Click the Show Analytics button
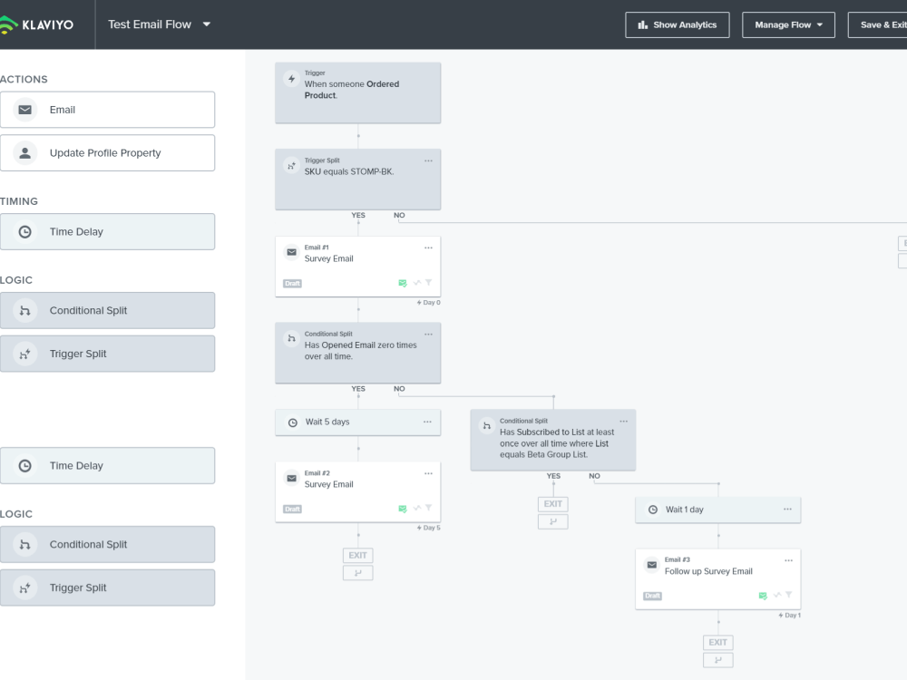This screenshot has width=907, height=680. click(x=677, y=24)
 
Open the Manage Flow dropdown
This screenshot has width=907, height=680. click(x=788, y=24)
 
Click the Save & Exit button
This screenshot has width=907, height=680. click(x=877, y=24)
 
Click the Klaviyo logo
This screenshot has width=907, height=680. click(x=36, y=24)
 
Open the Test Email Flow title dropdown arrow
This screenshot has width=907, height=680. click(x=207, y=24)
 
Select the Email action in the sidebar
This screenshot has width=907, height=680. click(x=108, y=110)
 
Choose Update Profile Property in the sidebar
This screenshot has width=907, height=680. click(x=108, y=153)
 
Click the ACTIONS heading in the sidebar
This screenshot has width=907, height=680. click(x=24, y=79)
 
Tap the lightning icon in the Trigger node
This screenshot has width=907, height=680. click(x=291, y=79)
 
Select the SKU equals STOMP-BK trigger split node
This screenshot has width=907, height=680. click(x=358, y=180)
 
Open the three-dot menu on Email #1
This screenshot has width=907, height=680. click(x=428, y=248)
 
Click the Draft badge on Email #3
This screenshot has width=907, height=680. click(x=652, y=596)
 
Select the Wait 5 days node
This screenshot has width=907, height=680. click(x=358, y=423)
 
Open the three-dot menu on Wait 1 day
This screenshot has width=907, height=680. click(x=787, y=509)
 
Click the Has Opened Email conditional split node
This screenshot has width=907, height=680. click(x=358, y=353)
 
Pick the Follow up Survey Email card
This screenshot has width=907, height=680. click(x=717, y=578)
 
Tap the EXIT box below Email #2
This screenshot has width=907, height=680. click(x=358, y=555)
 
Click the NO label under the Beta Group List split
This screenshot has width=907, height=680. click(x=595, y=476)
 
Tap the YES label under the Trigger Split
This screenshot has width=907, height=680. click(x=358, y=215)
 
